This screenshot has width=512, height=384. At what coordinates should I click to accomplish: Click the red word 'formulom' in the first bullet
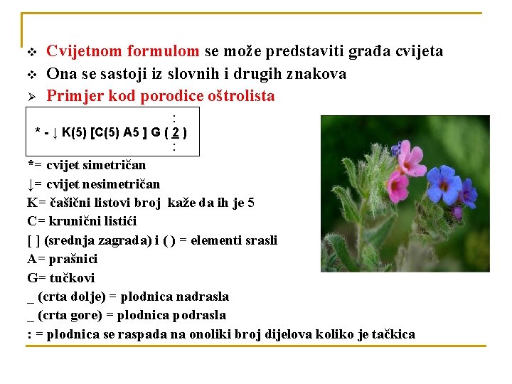(x=163, y=51)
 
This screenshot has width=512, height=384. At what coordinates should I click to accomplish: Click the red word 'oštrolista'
(x=241, y=96)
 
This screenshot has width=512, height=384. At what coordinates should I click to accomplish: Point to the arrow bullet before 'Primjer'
(x=31, y=97)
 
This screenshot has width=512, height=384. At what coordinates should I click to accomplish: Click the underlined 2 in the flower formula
(x=176, y=132)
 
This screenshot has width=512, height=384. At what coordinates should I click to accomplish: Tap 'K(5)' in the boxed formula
(x=74, y=132)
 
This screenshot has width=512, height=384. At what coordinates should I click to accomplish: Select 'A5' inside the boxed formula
(x=132, y=132)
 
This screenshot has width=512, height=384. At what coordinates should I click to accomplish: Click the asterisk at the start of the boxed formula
(x=38, y=131)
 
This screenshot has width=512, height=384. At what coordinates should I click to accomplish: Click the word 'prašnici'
(x=73, y=259)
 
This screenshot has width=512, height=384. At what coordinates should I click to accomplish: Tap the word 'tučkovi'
(x=72, y=278)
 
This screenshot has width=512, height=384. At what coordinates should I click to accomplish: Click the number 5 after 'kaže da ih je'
(x=251, y=203)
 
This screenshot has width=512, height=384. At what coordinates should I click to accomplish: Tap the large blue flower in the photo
(x=444, y=183)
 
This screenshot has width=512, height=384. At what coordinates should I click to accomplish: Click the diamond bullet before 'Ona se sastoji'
(x=32, y=75)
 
